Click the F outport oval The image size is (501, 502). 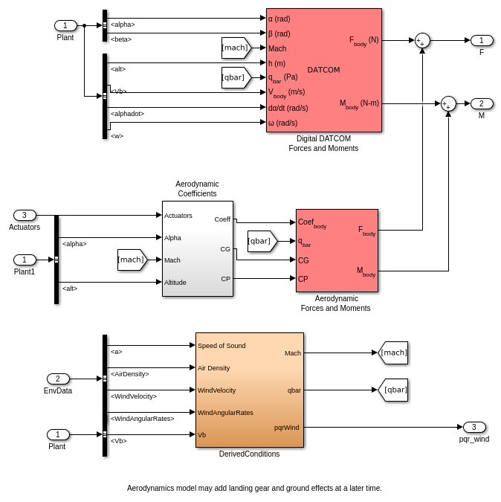click(x=482, y=40)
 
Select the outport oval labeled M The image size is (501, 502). click(x=482, y=103)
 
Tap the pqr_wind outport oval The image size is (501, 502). click(x=474, y=427)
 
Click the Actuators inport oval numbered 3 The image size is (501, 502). click(x=25, y=215)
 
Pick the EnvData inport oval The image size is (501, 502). click(x=58, y=379)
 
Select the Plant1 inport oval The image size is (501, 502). click(x=25, y=260)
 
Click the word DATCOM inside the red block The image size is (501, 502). click(x=323, y=70)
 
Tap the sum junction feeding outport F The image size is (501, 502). click(x=422, y=41)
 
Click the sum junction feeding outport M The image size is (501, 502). click(x=448, y=103)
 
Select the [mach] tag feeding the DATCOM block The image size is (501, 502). click(x=236, y=48)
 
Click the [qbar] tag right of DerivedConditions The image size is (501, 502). click(x=393, y=390)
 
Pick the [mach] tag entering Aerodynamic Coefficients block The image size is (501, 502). click(x=132, y=260)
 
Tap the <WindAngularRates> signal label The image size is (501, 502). click(x=142, y=418)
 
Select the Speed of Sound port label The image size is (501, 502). click(x=222, y=345)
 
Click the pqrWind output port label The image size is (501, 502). click(x=286, y=427)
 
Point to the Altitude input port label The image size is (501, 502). click(x=175, y=282)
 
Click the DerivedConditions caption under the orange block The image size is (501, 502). click(x=249, y=454)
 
